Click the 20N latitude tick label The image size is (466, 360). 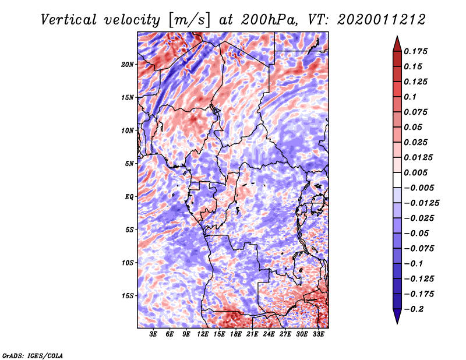tap(128, 64)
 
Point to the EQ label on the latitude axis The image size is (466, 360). tap(129, 197)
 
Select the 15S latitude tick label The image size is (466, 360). tap(128, 296)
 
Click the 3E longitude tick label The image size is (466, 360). tap(153, 335)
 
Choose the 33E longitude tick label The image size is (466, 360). tap(317, 335)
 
